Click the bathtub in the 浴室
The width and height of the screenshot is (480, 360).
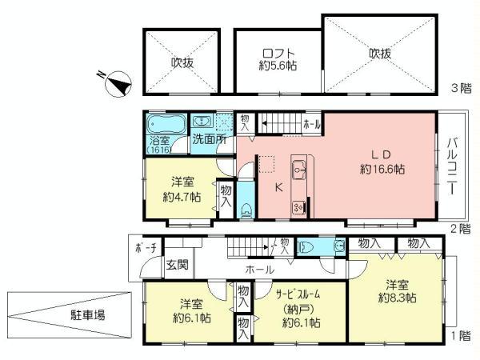[164, 126]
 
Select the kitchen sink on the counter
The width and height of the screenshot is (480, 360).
[300, 170]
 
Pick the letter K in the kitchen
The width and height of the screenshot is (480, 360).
[278, 189]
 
